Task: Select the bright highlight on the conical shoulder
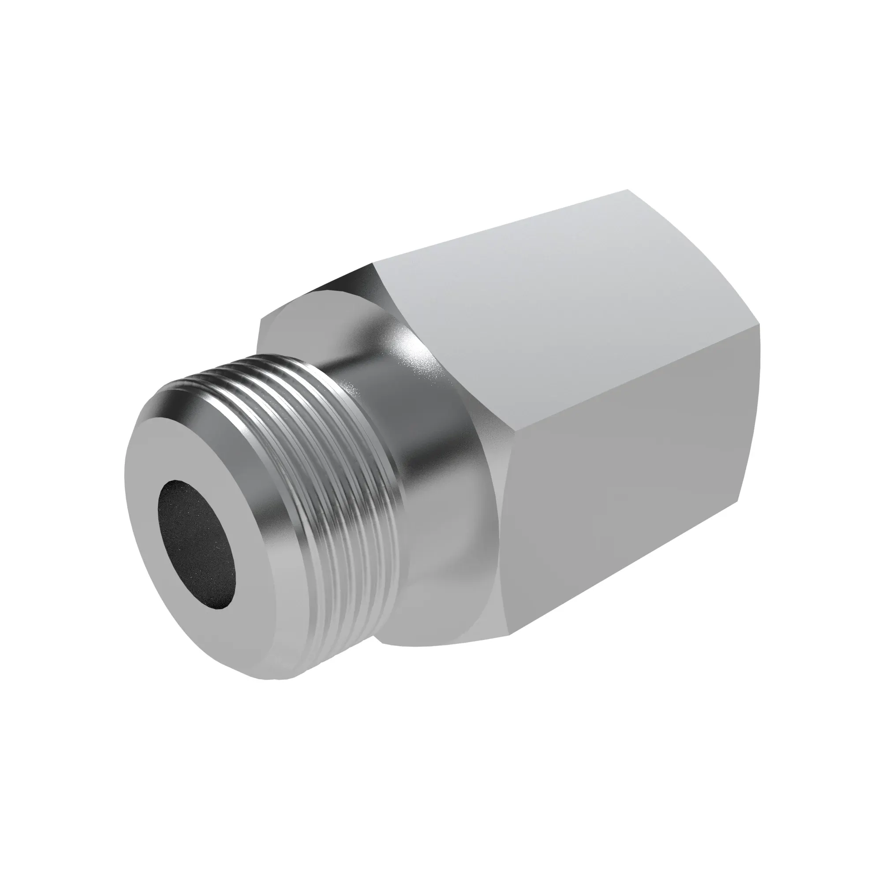[x=406, y=347]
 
